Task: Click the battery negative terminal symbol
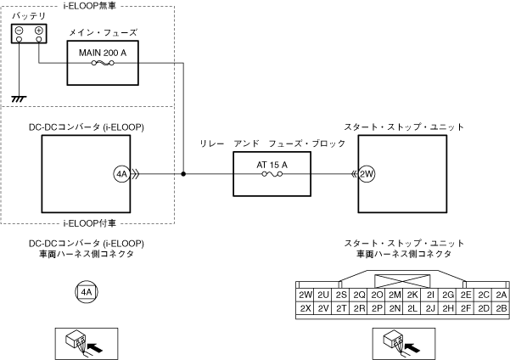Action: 20,31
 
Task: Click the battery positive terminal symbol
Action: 39,31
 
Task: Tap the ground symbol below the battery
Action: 19,98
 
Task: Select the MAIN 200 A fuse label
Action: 103,53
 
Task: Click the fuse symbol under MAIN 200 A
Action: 103,63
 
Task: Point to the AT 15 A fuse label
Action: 272,165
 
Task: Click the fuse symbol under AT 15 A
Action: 272,174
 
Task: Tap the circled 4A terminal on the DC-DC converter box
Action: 121,174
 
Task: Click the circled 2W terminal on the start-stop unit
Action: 367,174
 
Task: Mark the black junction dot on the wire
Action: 183,174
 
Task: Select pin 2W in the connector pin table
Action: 305,295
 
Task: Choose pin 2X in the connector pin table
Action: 305,308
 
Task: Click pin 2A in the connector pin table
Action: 502,295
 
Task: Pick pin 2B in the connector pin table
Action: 502,308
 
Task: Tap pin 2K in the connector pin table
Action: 412,295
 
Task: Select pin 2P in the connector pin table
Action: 377,308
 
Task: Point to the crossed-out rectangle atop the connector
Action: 402,282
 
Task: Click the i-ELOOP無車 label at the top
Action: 89,6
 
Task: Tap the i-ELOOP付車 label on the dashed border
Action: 89,223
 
